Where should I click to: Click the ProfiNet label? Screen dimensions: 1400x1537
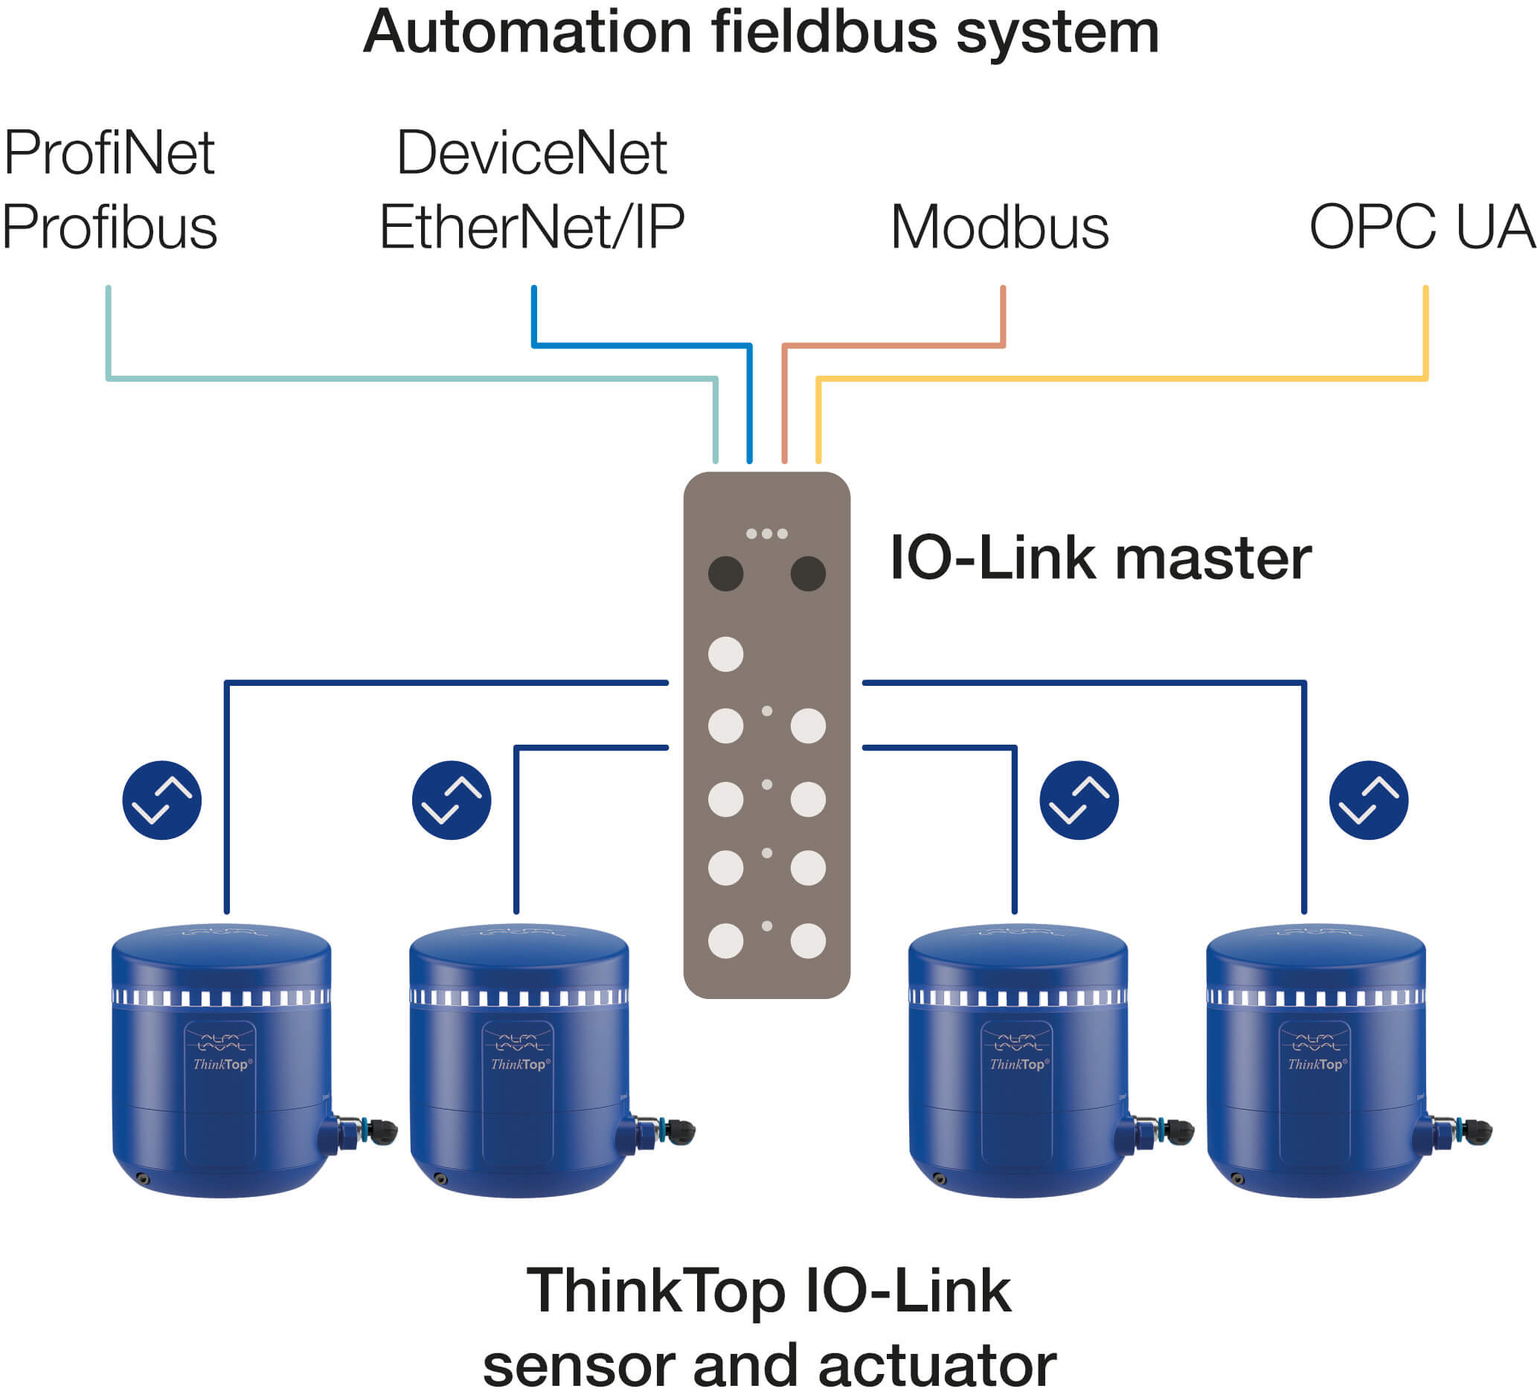[109, 153]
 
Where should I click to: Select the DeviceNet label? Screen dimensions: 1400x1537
[531, 153]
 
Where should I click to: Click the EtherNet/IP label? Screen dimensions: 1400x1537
[531, 227]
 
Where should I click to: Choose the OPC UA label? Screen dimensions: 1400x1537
[1421, 227]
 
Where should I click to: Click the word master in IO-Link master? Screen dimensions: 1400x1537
[1213, 558]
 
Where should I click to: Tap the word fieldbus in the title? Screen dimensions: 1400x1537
[824, 32]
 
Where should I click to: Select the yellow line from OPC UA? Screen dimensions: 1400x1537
[1120, 378]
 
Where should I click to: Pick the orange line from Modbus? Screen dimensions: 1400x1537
[892, 346]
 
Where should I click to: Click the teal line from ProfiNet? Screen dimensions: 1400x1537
[411, 378]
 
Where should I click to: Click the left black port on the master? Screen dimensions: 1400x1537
[725, 574]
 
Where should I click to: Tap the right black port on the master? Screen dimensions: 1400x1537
[808, 574]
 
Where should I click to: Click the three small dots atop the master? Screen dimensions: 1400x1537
[766, 534]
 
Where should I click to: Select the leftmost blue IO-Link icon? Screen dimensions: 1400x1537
[161, 800]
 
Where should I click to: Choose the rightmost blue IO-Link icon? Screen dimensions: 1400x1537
[1369, 800]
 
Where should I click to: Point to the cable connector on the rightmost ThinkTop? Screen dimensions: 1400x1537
[1460, 1131]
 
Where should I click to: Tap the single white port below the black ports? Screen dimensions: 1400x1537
[725, 654]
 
